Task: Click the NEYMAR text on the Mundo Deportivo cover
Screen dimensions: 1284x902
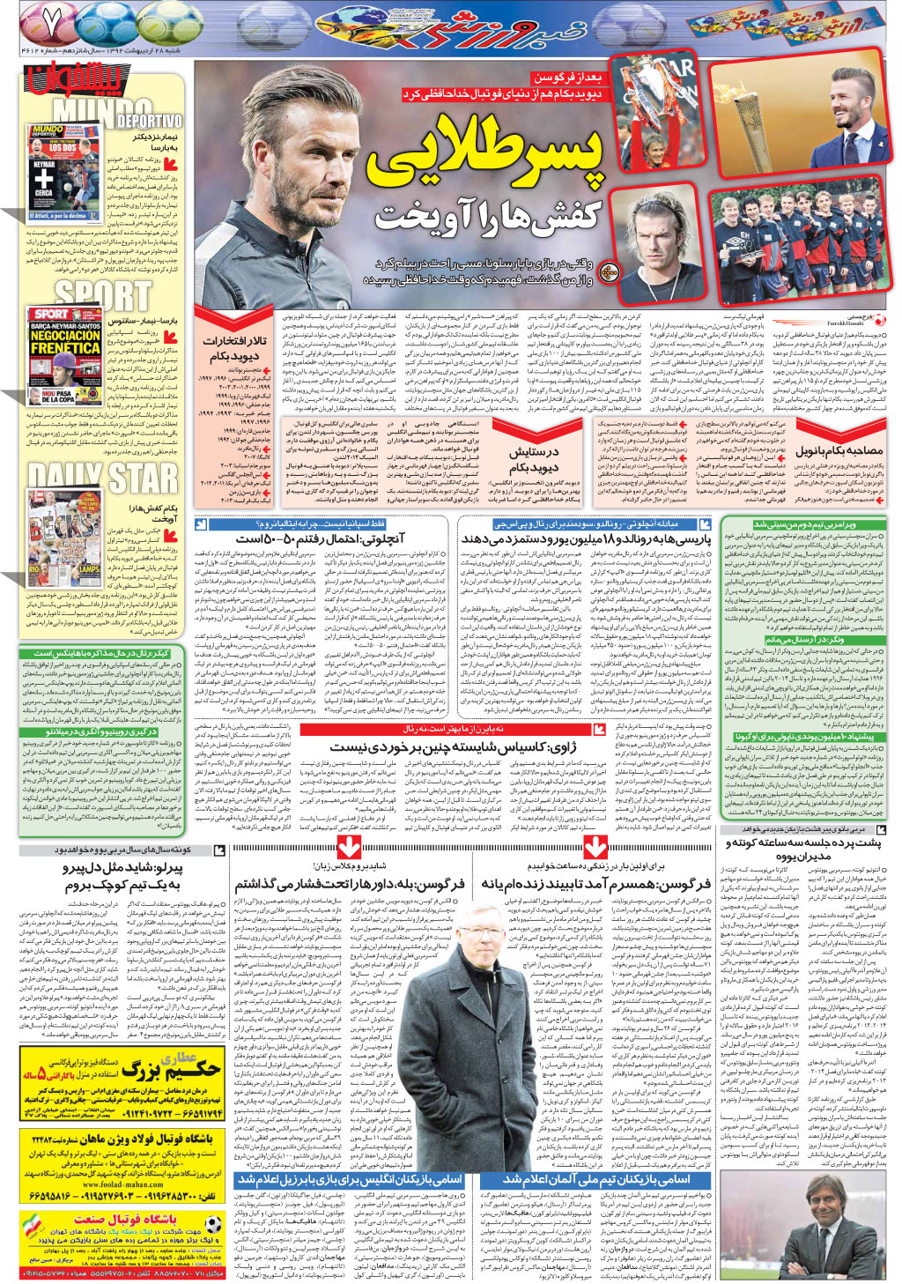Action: coord(44,165)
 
